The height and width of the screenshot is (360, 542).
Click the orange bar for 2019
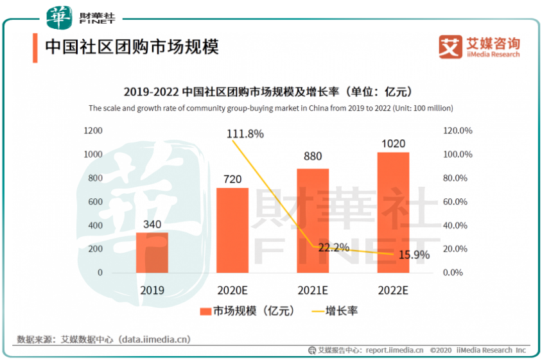pos(152,252)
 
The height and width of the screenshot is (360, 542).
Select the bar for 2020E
pos(232,230)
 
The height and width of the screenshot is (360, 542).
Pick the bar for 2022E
pos(393,212)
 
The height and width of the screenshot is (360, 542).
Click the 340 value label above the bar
pos(152,225)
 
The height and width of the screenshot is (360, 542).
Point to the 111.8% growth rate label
pos(245,133)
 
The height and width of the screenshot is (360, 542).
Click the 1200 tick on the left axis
pos(94,131)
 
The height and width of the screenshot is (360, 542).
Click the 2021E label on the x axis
pos(313,290)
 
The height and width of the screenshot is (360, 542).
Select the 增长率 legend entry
pos(334,311)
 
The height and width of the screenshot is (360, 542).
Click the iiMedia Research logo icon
pos(450,47)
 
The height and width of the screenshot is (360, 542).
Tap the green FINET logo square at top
pos(60,16)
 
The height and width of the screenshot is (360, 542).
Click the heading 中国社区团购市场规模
pos(131,47)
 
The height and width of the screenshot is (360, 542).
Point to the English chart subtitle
pos(270,108)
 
